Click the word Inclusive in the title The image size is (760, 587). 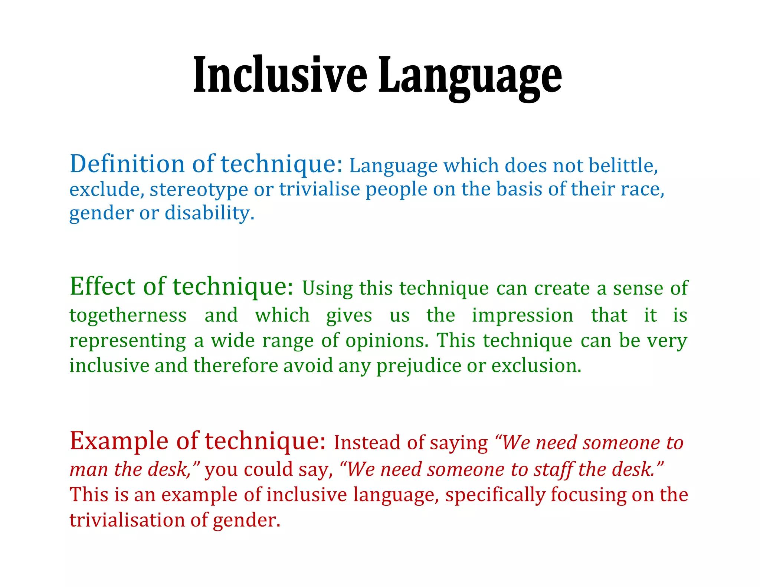280,74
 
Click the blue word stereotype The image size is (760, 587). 199,189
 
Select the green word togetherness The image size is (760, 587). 128,315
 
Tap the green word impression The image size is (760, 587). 522,315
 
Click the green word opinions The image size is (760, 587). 387,340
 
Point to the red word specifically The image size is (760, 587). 495,495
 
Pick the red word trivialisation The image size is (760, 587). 127,520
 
